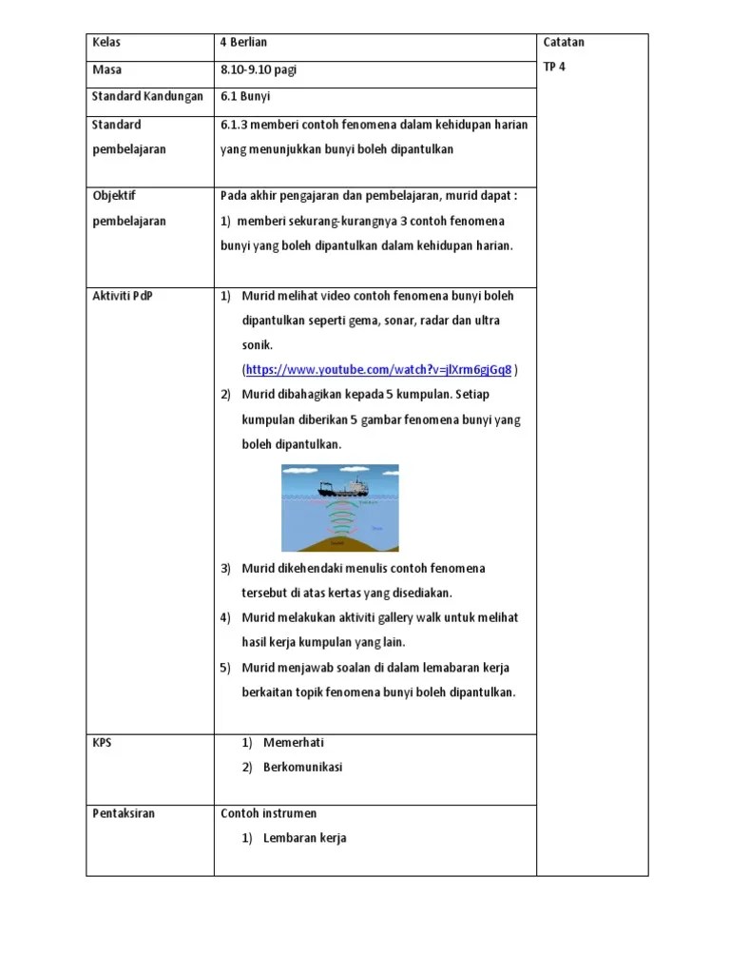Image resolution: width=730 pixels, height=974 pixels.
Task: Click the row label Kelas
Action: pos(106,43)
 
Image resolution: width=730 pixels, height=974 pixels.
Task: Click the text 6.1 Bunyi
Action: pos(245,96)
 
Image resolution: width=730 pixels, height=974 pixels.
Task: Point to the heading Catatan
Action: pos(564,43)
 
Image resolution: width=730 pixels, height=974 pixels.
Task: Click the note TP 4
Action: pos(554,68)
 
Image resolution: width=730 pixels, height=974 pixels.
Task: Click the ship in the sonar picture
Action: pos(344,488)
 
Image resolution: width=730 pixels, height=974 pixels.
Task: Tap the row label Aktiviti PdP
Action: pos(122,296)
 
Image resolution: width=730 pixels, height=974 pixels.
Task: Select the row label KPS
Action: pos(102,743)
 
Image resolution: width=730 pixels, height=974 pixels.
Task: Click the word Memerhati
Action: pos(294,743)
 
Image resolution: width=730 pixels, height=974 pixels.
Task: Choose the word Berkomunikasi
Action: pos(303,768)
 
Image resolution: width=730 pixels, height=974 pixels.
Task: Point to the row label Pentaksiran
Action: pos(124,814)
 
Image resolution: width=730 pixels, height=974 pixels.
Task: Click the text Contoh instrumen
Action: pos(269,814)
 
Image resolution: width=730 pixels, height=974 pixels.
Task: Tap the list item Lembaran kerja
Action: pos(305,839)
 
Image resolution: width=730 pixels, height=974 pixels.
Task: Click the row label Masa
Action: pos(106,69)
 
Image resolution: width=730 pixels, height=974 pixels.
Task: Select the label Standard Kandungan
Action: pos(147,96)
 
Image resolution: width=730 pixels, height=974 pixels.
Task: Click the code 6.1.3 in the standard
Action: pos(234,125)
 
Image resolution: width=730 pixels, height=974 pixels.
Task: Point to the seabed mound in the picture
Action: pos(339,543)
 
